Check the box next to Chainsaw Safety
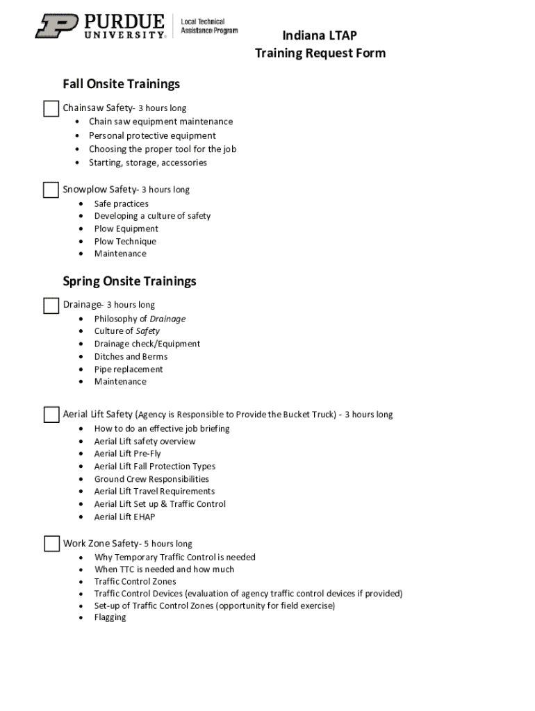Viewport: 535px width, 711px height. [x=51, y=108]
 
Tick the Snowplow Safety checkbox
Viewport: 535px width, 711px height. [x=51, y=190]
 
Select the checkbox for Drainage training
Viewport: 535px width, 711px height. [x=51, y=306]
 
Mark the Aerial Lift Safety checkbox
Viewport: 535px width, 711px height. [x=51, y=415]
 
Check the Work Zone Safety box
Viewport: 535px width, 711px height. [x=51, y=544]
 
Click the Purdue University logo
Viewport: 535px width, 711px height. [x=101, y=26]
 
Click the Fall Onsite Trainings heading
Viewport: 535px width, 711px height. [x=121, y=84]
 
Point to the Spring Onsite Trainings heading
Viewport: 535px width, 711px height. [x=129, y=281]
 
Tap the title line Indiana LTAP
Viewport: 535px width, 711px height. [x=320, y=35]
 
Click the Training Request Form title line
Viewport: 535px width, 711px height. [x=320, y=53]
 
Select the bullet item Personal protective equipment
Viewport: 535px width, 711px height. [x=152, y=135]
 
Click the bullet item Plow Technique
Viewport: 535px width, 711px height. [x=125, y=241]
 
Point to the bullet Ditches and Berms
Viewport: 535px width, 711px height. [x=131, y=356]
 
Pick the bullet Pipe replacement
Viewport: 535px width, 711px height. [x=129, y=369]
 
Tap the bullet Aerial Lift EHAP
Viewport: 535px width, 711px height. [x=124, y=517]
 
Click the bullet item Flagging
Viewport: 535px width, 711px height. [x=110, y=617]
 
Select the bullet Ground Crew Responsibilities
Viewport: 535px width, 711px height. [x=151, y=478]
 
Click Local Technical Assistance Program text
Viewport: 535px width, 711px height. [x=209, y=26]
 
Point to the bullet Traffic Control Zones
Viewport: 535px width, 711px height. [x=135, y=581]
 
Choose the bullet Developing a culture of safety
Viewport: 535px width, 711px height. [x=152, y=216]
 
